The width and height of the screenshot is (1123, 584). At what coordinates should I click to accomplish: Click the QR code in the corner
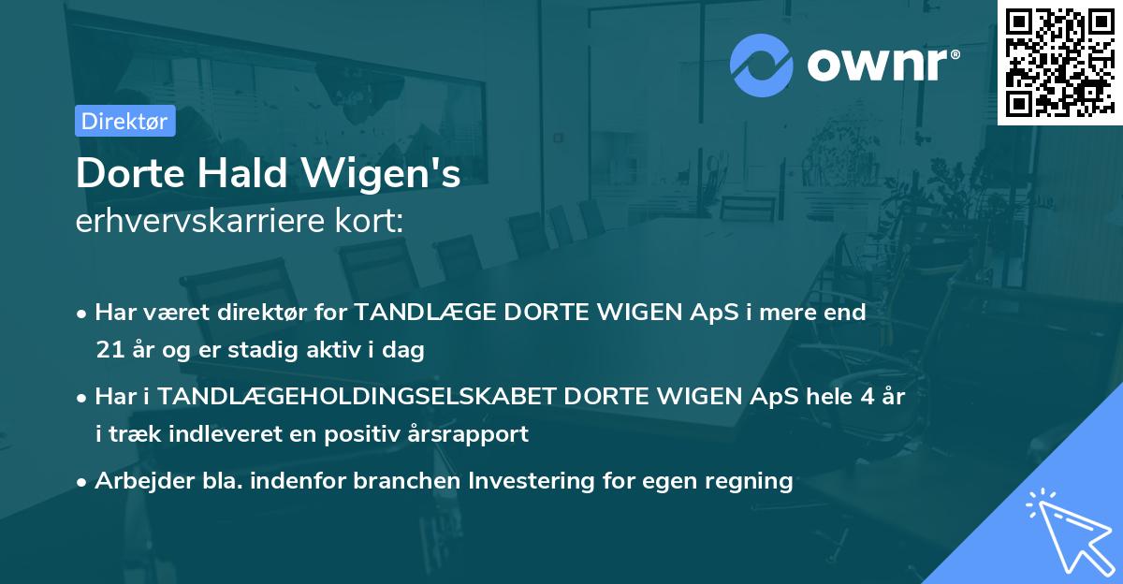(1059, 63)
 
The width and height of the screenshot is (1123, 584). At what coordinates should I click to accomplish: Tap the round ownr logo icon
(761, 66)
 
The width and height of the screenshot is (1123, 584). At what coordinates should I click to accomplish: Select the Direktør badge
(124, 121)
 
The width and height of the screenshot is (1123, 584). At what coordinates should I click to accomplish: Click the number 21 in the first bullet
(108, 351)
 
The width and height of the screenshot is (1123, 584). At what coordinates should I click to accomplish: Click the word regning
(750, 481)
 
